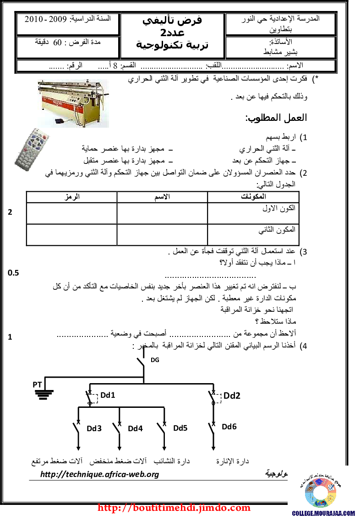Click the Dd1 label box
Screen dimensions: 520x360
(108, 395)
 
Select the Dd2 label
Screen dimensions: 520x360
(232, 396)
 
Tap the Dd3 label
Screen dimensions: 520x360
(95, 428)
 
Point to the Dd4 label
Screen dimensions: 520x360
(136, 428)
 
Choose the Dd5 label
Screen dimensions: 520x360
(181, 428)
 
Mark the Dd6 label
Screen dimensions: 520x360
(230, 427)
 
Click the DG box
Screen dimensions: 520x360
(155, 360)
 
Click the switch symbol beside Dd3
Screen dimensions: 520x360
(77, 422)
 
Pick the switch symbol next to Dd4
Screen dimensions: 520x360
(118, 423)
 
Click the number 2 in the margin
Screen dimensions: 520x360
(10, 212)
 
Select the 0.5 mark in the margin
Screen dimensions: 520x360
(14, 273)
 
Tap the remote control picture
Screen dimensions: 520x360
(31, 150)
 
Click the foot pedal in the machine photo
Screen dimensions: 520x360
(60, 122)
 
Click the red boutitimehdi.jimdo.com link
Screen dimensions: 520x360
(175, 508)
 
